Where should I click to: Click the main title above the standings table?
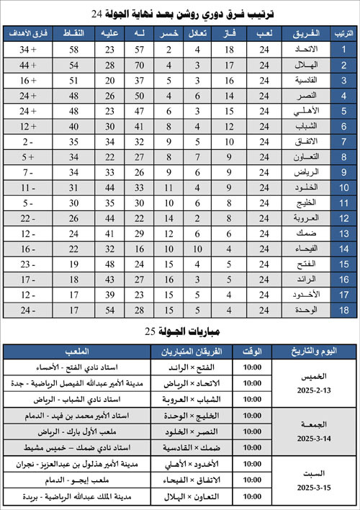click(x=181, y=12)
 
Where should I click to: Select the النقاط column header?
click(x=77, y=33)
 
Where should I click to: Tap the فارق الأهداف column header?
click(x=28, y=33)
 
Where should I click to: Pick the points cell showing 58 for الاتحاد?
click(x=77, y=49)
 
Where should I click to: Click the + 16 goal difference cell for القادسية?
click(x=28, y=80)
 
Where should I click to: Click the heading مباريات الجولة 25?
click(x=180, y=332)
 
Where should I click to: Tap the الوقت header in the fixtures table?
click(x=253, y=351)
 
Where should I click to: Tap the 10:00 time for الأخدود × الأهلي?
click(x=253, y=465)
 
